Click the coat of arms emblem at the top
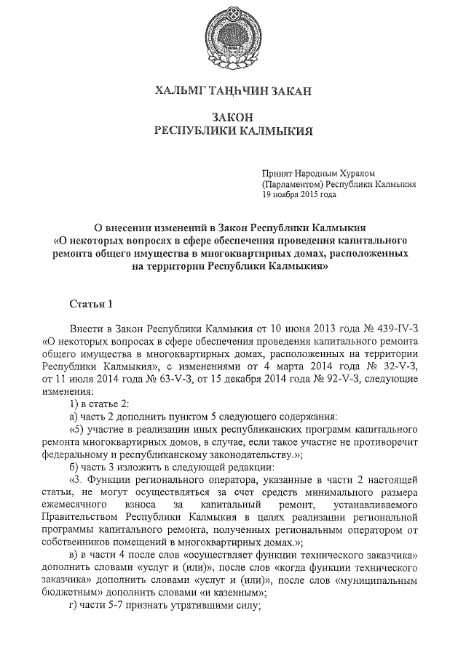pyautogui.click(x=232, y=34)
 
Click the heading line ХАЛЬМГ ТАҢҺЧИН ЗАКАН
pyautogui.click(x=232, y=91)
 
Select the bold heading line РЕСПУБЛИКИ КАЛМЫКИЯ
pyautogui.click(x=232, y=131)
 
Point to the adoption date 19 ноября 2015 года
pyautogui.click(x=299, y=195)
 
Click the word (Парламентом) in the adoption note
pyautogui.click(x=293, y=185)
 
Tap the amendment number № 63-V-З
pyautogui.click(x=164, y=380)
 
